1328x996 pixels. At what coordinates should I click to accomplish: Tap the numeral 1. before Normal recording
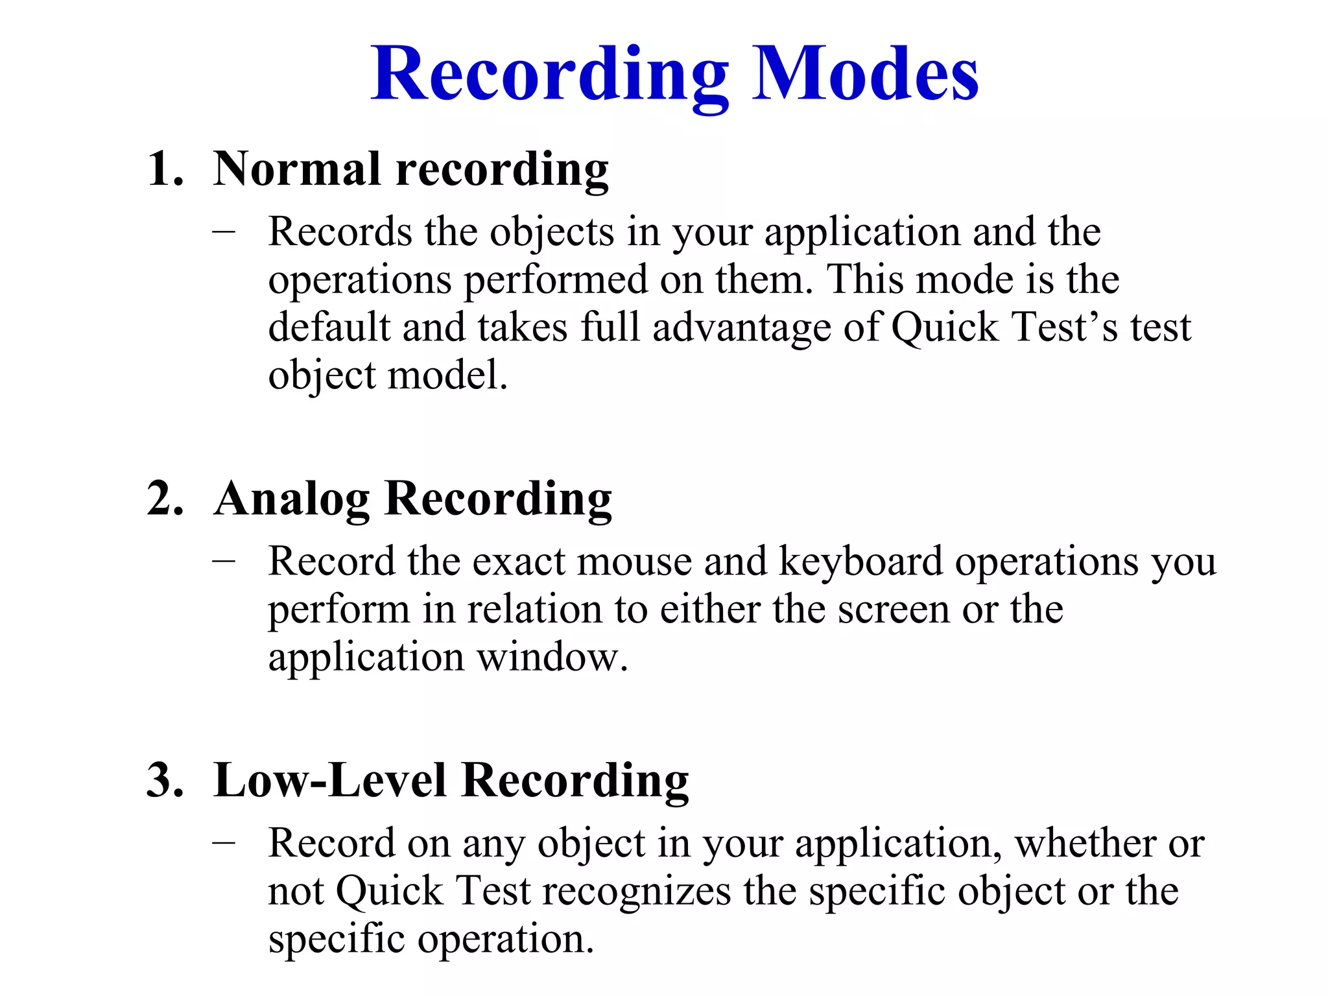click(165, 170)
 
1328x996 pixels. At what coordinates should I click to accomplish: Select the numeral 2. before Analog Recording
click(165, 499)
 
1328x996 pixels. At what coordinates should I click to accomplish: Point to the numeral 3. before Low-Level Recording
click(165, 780)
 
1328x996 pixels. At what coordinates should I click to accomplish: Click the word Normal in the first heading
click(297, 169)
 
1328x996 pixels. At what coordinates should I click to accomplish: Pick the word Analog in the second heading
click(292, 499)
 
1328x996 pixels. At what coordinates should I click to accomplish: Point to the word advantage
click(741, 328)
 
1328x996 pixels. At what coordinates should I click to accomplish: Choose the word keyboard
click(860, 562)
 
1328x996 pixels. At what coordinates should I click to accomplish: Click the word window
click(552, 658)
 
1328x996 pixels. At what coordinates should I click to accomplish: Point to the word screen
click(894, 610)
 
